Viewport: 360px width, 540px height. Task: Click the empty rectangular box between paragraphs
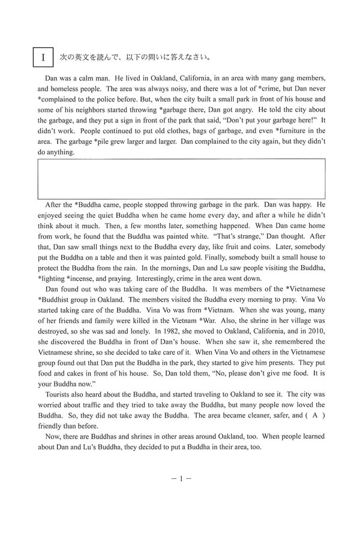[x=181, y=178]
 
